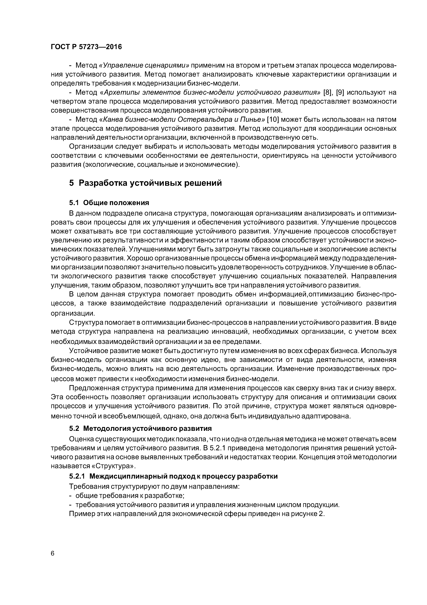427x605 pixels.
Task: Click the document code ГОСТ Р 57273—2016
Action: (x=86, y=47)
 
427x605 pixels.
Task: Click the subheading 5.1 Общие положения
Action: (x=109, y=203)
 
